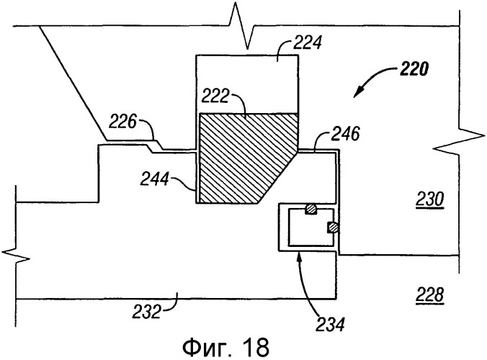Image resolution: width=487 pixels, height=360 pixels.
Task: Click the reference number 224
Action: tap(308, 42)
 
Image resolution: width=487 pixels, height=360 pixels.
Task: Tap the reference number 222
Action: tap(215, 96)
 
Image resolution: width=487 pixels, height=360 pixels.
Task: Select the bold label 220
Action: tap(414, 69)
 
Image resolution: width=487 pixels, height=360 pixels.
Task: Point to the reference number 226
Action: tap(122, 122)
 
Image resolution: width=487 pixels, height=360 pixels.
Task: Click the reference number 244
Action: tap(155, 179)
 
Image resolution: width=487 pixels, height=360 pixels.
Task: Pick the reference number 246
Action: tap(345, 134)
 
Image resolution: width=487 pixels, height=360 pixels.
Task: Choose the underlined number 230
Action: tap(430, 199)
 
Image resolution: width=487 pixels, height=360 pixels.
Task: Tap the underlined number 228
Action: tap(430, 294)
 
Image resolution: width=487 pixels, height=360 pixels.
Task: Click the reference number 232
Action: tap(146, 312)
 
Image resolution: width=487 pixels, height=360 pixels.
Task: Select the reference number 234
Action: tap(331, 324)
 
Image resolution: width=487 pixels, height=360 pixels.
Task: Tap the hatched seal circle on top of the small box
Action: tap(310, 210)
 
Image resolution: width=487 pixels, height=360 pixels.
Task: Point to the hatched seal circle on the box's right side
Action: tap(332, 228)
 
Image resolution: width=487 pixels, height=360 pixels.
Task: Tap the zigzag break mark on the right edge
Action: tap(459, 143)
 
